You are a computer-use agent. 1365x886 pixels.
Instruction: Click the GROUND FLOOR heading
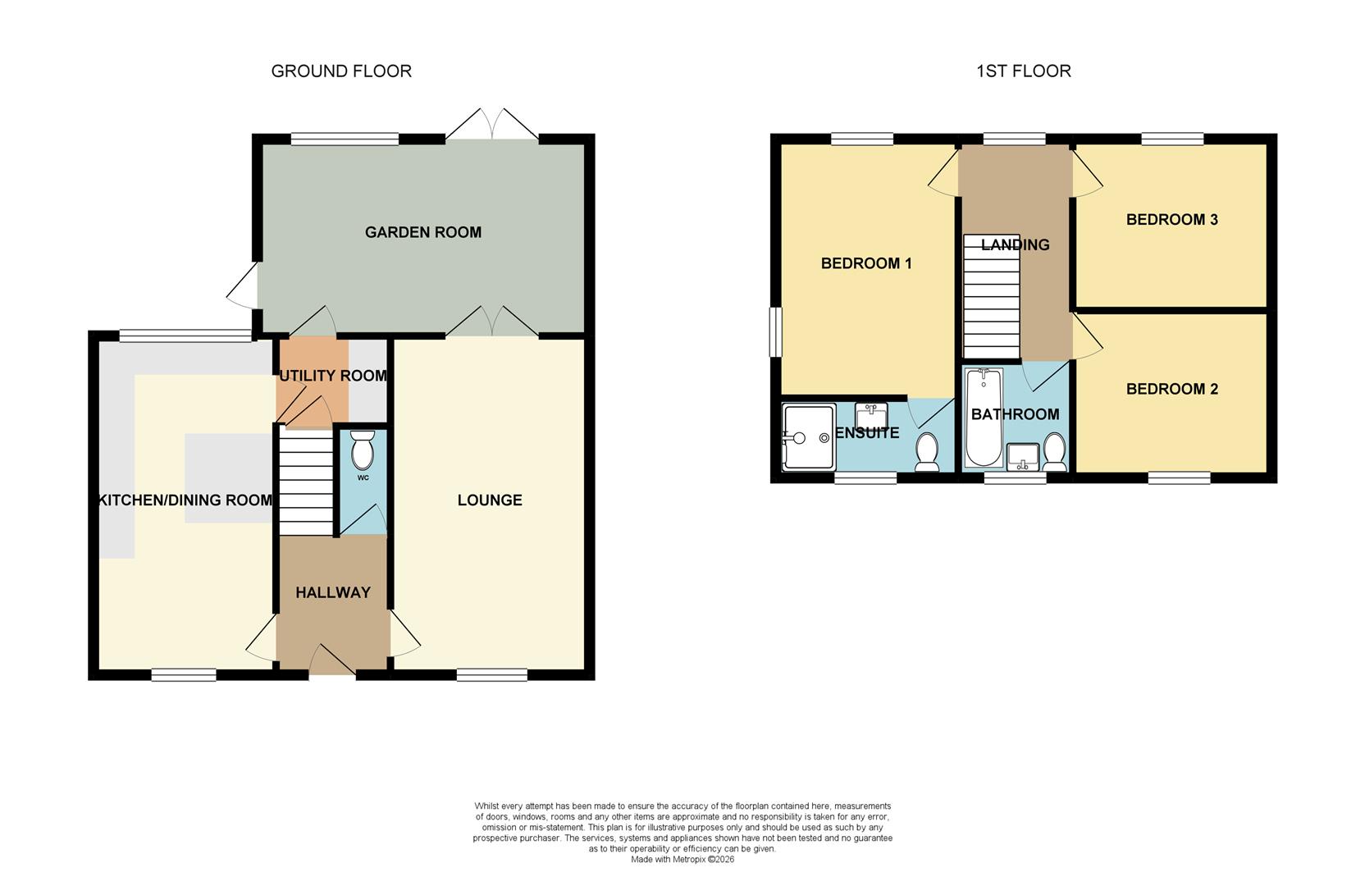pos(341,71)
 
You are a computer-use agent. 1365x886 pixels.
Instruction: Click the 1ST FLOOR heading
pos(1023,71)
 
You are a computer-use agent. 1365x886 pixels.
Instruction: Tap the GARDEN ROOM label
pos(422,232)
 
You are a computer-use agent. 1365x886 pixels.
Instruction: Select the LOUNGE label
pos(490,500)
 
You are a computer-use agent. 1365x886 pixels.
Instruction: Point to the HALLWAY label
pos(333,592)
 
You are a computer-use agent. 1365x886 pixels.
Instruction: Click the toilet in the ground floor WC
pos(362,450)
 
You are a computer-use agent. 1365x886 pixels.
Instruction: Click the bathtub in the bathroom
pos(983,417)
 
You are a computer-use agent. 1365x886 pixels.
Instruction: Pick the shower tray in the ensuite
pos(809,436)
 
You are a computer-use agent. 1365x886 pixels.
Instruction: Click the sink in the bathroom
pos(1023,456)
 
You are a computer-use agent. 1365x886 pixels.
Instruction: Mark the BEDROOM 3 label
pos(1171,219)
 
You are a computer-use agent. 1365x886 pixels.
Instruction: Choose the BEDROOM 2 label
pos(1171,389)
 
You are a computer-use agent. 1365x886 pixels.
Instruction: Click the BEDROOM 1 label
pos(866,263)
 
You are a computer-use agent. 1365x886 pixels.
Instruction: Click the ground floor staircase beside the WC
pos(306,480)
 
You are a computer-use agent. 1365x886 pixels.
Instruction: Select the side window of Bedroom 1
pos(775,332)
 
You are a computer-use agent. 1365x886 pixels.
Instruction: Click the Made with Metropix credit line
pos(682,860)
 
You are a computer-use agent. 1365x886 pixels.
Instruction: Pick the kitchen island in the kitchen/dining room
pos(228,477)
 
